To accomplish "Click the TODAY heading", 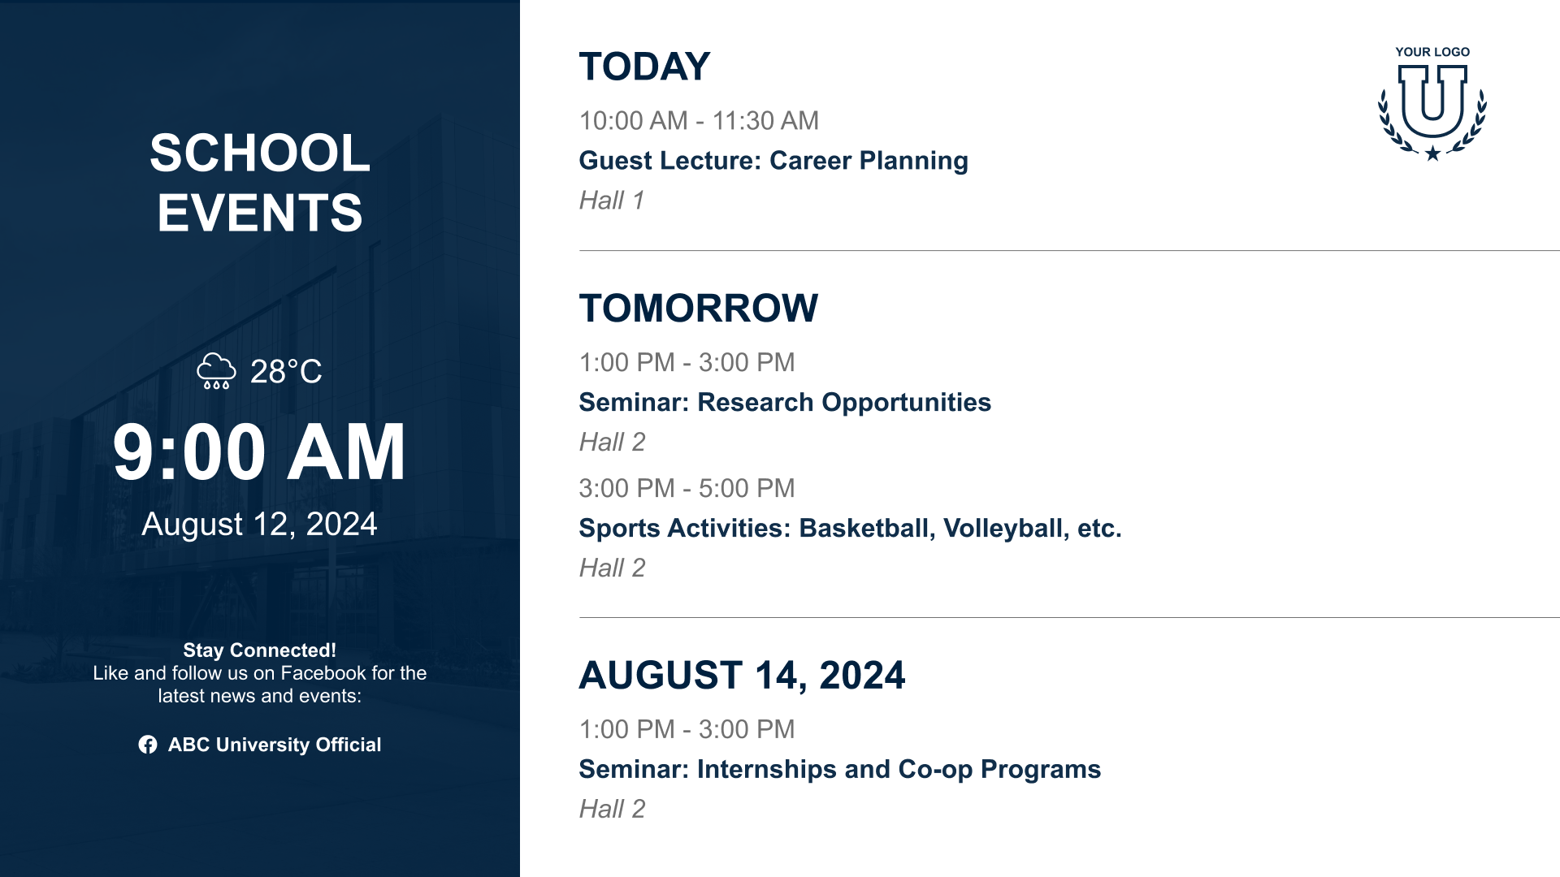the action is coord(644,67).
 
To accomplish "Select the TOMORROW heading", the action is coord(699,309).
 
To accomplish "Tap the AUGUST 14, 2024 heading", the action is coord(742,676).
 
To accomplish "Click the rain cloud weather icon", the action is coord(216,371).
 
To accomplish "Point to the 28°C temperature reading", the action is coord(286,372).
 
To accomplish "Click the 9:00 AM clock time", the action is coord(259,451).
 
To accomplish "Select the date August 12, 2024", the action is coord(259,525).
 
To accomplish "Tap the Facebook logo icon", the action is coord(148,745).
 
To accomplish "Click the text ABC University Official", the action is coord(275,745).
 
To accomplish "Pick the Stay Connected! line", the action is coord(259,650).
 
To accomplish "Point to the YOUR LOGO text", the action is coord(1432,52).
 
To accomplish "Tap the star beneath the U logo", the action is coord(1432,153).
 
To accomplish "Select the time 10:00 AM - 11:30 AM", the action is coord(699,121).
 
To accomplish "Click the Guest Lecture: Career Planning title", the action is coord(773,161).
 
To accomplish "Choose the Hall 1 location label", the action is coord(612,201).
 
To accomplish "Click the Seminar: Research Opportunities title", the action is coord(785,403).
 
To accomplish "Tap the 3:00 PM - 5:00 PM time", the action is coord(687,489).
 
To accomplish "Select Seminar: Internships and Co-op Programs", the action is coord(840,770).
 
